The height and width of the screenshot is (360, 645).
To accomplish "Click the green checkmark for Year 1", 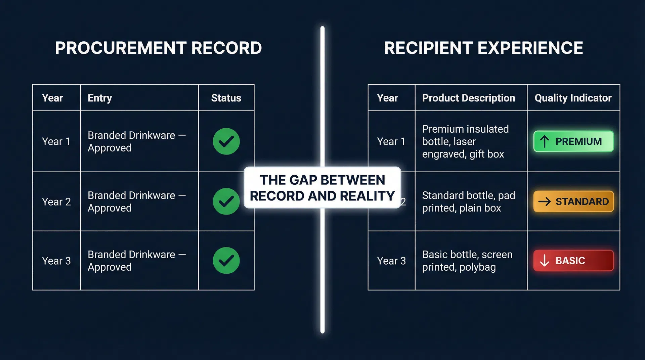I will [x=226, y=141].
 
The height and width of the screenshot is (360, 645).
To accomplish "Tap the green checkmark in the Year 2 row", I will [x=226, y=201].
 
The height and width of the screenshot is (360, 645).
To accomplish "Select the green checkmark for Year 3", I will [x=226, y=261].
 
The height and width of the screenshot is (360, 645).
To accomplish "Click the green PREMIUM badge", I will [x=573, y=141].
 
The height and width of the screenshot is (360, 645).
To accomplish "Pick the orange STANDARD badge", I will [x=573, y=201].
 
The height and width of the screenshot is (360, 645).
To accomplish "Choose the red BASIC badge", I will [x=573, y=261].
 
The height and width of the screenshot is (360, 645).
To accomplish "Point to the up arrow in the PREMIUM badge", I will [x=545, y=141].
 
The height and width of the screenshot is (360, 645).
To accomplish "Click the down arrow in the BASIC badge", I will [x=545, y=261].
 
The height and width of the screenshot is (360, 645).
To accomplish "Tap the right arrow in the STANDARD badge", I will [x=545, y=201].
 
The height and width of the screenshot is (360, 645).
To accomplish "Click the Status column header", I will [x=226, y=98].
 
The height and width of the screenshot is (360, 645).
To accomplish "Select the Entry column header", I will [x=100, y=98].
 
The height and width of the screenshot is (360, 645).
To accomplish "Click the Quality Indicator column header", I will [x=573, y=98].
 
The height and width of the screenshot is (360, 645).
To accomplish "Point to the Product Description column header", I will [x=468, y=98].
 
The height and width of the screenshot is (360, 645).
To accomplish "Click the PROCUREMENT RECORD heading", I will [x=158, y=48].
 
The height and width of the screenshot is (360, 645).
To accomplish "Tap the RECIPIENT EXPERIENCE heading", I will [x=483, y=48].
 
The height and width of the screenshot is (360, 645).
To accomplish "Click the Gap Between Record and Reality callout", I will [x=322, y=188].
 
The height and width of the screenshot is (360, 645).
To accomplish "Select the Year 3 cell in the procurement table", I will [x=56, y=261].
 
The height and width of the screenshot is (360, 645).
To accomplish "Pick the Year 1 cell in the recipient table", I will [x=391, y=141].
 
